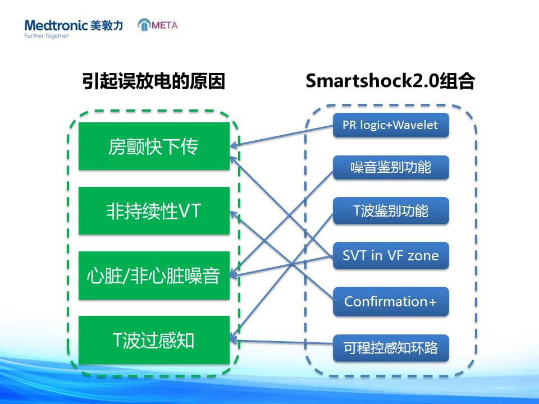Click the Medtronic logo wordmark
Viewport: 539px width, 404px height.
coord(56,25)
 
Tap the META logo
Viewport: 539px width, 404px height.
coord(158,25)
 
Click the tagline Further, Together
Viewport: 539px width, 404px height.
coord(47,36)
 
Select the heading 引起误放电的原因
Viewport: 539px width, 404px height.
coord(154,81)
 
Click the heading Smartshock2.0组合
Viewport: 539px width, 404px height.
coord(390,81)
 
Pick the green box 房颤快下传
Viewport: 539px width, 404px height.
coord(154,146)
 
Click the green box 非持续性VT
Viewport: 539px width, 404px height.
coord(154,210)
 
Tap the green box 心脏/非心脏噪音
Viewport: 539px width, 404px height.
coord(154,275)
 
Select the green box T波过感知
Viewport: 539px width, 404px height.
coord(154,340)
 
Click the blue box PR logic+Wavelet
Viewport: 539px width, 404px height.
coord(391,125)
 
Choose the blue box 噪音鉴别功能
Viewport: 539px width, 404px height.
coord(391,167)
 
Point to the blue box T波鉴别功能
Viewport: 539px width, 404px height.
coord(391,210)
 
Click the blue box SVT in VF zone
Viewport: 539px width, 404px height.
coord(391,255)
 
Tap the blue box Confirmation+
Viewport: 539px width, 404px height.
coord(391,301)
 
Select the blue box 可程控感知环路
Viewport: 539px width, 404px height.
coord(391,348)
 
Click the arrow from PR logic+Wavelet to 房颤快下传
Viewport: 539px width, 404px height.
coord(281,136)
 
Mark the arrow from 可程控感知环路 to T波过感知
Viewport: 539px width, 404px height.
coord(281,342)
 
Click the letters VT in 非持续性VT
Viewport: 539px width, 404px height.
coord(189,210)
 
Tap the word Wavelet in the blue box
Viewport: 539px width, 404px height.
coord(415,125)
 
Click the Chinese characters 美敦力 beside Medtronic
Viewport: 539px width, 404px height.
coord(107,25)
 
